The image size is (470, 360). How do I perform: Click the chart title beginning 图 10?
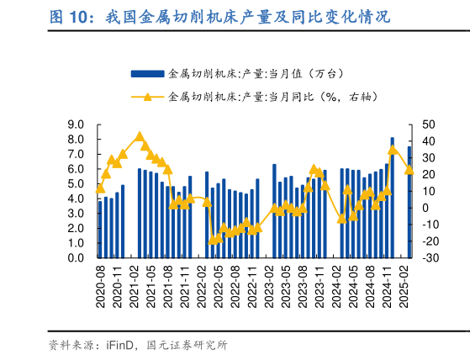[x=219, y=18]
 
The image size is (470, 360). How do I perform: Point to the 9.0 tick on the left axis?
[x=76, y=124]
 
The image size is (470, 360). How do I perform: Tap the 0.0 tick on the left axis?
[x=76, y=257]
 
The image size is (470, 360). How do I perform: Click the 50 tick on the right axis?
[x=428, y=124]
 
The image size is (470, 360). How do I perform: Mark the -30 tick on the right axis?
[x=428, y=257]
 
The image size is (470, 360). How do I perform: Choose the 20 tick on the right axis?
[x=428, y=174]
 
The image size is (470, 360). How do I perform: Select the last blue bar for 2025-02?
[x=409, y=202]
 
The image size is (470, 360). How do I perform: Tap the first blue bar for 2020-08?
[x=100, y=229]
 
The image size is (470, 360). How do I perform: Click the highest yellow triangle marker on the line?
[x=140, y=136]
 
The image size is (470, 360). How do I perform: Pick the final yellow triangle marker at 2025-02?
[x=409, y=170]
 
